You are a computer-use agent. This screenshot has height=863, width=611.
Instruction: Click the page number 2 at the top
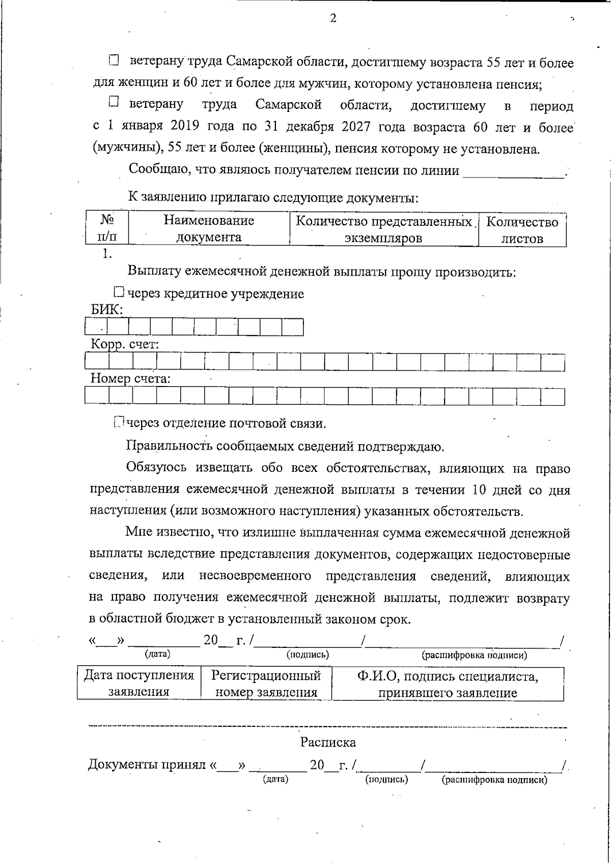pyautogui.click(x=333, y=19)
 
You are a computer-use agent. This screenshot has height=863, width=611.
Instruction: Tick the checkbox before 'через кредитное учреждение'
pyautogui.click(x=119, y=292)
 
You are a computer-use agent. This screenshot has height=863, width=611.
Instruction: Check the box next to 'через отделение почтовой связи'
pyautogui.click(x=119, y=422)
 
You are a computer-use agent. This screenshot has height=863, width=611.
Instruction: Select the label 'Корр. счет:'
pyautogui.click(x=125, y=344)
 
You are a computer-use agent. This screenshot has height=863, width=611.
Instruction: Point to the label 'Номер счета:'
pyautogui.click(x=130, y=378)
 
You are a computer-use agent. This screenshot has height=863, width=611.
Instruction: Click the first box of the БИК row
pyautogui.click(x=96, y=327)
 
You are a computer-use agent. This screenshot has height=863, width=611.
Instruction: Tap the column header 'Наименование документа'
pyautogui.click(x=209, y=229)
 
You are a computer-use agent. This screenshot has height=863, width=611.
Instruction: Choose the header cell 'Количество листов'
pyautogui.click(x=522, y=230)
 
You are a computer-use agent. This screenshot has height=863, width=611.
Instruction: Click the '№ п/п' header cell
pyautogui.click(x=107, y=228)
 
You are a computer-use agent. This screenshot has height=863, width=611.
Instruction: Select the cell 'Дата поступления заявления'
pyautogui.click(x=138, y=683)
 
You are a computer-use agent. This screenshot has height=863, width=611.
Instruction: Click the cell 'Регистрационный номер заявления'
pyautogui.click(x=266, y=683)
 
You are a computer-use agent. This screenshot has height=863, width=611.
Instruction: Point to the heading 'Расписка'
pyautogui.click(x=328, y=742)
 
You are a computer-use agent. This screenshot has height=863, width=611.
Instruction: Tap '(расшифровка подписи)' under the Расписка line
pyautogui.click(x=494, y=780)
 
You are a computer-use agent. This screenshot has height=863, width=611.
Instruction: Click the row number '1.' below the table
pyautogui.click(x=106, y=254)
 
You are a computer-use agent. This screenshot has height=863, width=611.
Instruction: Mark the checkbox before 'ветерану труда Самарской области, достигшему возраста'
pyautogui.click(x=113, y=61)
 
